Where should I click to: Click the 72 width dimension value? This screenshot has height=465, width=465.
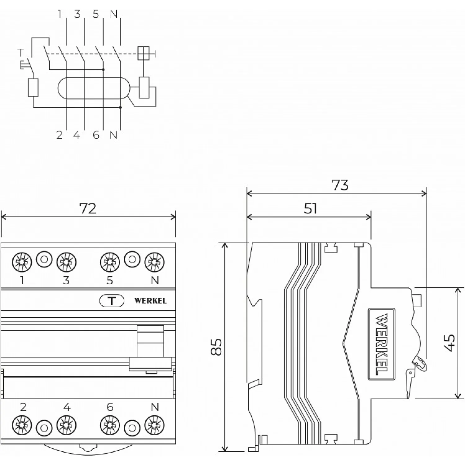coord(88,209)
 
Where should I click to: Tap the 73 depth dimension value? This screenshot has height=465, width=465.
coord(340,185)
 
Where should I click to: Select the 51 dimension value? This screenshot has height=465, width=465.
coord(310,209)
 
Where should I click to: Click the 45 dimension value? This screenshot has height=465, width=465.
coord(450,343)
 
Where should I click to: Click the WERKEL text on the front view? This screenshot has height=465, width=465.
coord(150,301)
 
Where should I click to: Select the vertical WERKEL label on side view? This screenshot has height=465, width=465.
coord(381,344)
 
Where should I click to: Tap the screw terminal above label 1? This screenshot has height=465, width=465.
coord(22,262)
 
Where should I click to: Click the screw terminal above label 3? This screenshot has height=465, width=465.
coord(66,262)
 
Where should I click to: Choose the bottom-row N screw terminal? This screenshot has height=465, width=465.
coord(154,425)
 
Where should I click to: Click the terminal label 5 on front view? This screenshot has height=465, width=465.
coord(110,280)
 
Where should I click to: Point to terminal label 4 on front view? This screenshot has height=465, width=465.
coord(67,407)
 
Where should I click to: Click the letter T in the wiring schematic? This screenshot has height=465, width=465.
coord(21,53)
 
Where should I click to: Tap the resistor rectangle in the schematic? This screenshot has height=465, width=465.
coord(33,87)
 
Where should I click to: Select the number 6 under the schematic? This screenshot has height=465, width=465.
coord(96,135)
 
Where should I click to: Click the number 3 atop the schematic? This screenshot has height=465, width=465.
coord(77,14)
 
